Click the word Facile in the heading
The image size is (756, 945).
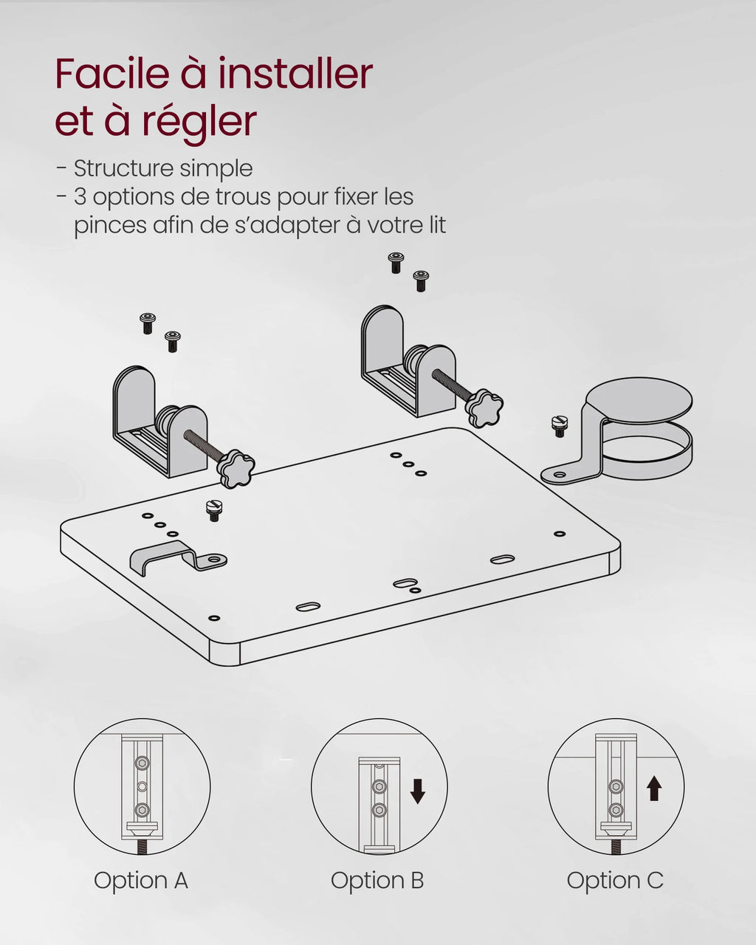click(112, 74)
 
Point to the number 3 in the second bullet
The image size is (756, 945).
click(80, 196)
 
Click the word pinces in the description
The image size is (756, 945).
click(110, 226)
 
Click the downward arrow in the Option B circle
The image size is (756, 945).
click(417, 791)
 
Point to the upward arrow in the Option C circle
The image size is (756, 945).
click(654, 788)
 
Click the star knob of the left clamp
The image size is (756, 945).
click(236, 469)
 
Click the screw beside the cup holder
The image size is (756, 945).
click(559, 426)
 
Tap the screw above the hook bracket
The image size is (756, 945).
click(214, 511)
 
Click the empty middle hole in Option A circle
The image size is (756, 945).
click(142, 786)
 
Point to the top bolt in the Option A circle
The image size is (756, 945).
click(142, 763)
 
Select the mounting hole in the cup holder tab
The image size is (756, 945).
click(559, 475)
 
